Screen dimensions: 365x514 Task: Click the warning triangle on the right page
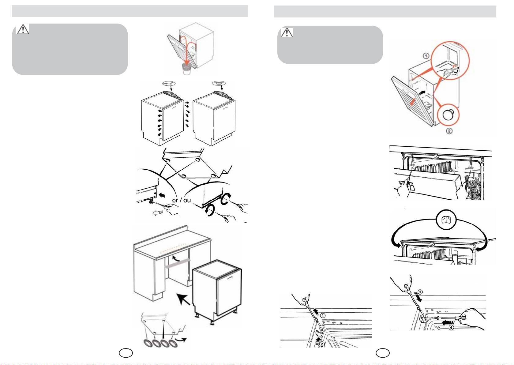pos(287,32)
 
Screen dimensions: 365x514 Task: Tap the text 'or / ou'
pos(182,200)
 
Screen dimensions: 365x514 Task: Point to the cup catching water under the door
pos(186,69)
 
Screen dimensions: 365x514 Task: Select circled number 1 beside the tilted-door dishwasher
pos(426,56)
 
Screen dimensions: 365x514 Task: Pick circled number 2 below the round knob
pos(448,131)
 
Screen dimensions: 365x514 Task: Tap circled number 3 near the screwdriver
pos(420,292)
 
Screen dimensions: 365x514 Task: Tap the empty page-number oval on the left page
pos(126,353)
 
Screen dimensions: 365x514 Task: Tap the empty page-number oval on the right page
pos(383,353)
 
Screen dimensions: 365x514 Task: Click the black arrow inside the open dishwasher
pos(422,92)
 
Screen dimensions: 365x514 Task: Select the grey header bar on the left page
pos(130,11)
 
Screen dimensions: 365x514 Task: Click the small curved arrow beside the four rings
pos(183,339)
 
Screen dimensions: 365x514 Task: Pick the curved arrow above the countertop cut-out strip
pos(175,258)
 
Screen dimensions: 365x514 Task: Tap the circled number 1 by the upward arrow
pos(323,315)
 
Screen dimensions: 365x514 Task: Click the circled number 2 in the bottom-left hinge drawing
pos(321,344)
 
